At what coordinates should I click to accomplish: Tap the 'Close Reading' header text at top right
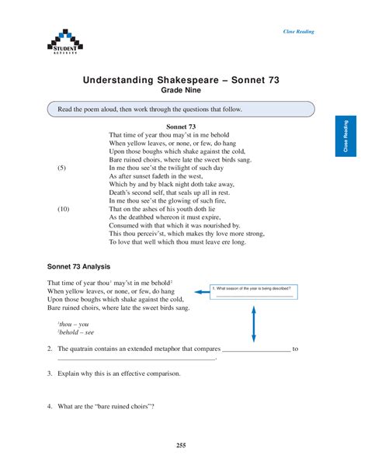(x=298, y=32)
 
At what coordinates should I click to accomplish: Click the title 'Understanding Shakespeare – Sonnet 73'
(x=181, y=79)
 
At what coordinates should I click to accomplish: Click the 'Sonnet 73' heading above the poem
(x=181, y=126)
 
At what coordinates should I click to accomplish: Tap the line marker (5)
(x=62, y=168)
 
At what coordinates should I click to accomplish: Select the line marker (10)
(x=63, y=209)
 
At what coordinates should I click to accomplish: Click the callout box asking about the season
(x=254, y=291)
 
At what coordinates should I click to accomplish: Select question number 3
(x=49, y=374)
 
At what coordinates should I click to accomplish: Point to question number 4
(x=49, y=406)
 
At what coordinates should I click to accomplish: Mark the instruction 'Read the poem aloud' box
(x=181, y=109)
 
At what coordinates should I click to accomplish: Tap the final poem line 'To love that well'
(x=177, y=242)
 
